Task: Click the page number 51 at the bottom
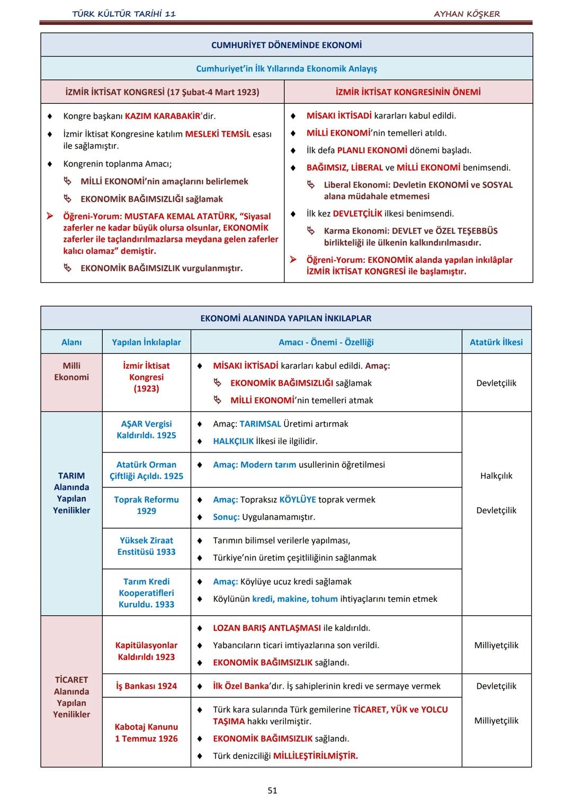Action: [x=272, y=790]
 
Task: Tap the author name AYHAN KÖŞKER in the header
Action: [x=467, y=14]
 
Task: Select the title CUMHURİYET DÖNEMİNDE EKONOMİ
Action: [x=287, y=45]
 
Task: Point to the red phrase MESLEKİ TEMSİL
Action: [x=218, y=134]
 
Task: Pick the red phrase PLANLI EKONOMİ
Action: [x=372, y=150]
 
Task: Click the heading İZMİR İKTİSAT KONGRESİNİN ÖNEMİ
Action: [x=408, y=92]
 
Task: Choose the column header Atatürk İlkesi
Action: [x=496, y=342]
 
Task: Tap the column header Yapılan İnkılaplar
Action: [x=146, y=342]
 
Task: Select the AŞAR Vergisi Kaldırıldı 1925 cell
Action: [x=146, y=430]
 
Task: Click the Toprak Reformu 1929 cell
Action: [x=146, y=505]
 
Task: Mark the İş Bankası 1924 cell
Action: [x=146, y=686]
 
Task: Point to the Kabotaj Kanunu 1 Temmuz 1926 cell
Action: [x=146, y=733]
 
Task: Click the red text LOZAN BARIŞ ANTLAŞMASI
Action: [x=267, y=628]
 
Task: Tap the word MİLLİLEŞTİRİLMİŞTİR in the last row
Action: [x=315, y=756]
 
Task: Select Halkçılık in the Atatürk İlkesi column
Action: [x=496, y=476]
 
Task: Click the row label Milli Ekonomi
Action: [x=71, y=371]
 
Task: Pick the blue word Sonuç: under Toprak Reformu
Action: [x=226, y=517]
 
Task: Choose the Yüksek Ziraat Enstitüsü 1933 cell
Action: [x=146, y=546]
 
